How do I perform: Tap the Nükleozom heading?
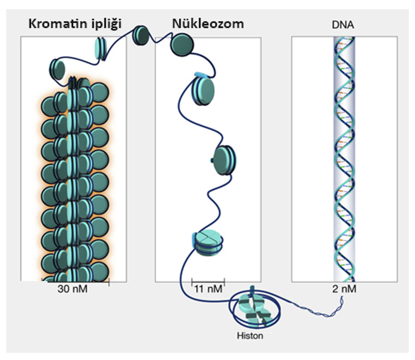tap(208, 24)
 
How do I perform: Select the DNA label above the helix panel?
tap(343, 25)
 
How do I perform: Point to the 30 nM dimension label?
tap(72, 289)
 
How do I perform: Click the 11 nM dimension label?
tap(209, 289)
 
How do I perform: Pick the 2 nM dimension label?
tap(344, 289)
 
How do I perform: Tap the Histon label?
tap(250, 336)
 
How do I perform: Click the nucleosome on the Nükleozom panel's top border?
tap(182, 45)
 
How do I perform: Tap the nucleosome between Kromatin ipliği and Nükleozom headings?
tap(140, 36)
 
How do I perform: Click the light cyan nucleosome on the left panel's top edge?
tap(101, 49)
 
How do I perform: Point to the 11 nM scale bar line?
tap(208, 282)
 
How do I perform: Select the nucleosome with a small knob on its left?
tap(225, 160)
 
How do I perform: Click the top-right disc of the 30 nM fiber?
tap(100, 92)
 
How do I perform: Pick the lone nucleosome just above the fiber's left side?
tap(57, 69)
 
